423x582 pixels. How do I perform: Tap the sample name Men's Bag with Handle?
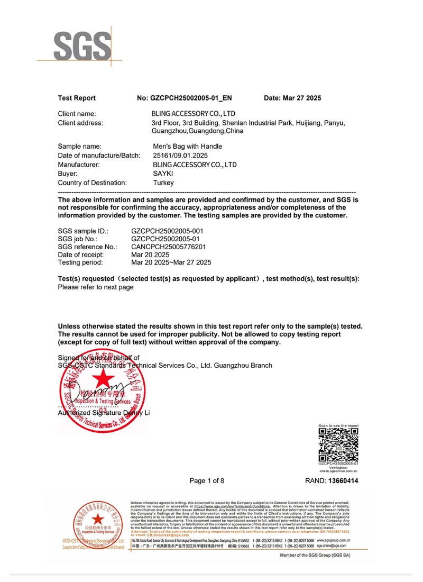click(187, 147)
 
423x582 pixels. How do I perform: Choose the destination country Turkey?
click(163, 183)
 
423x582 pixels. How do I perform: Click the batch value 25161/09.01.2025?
click(180, 156)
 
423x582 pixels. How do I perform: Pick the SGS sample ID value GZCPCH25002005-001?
click(167, 231)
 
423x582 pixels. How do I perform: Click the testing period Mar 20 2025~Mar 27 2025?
click(171, 262)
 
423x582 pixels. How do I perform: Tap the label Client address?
click(80, 123)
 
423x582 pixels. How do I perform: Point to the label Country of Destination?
click(92, 183)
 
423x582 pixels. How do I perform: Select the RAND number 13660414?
click(343, 481)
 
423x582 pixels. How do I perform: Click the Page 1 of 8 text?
click(207, 481)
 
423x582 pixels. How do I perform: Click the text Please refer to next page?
click(96, 287)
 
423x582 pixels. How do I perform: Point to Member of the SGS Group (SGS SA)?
click(315, 556)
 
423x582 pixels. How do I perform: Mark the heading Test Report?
click(77, 98)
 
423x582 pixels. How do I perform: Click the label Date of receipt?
click(81, 254)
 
